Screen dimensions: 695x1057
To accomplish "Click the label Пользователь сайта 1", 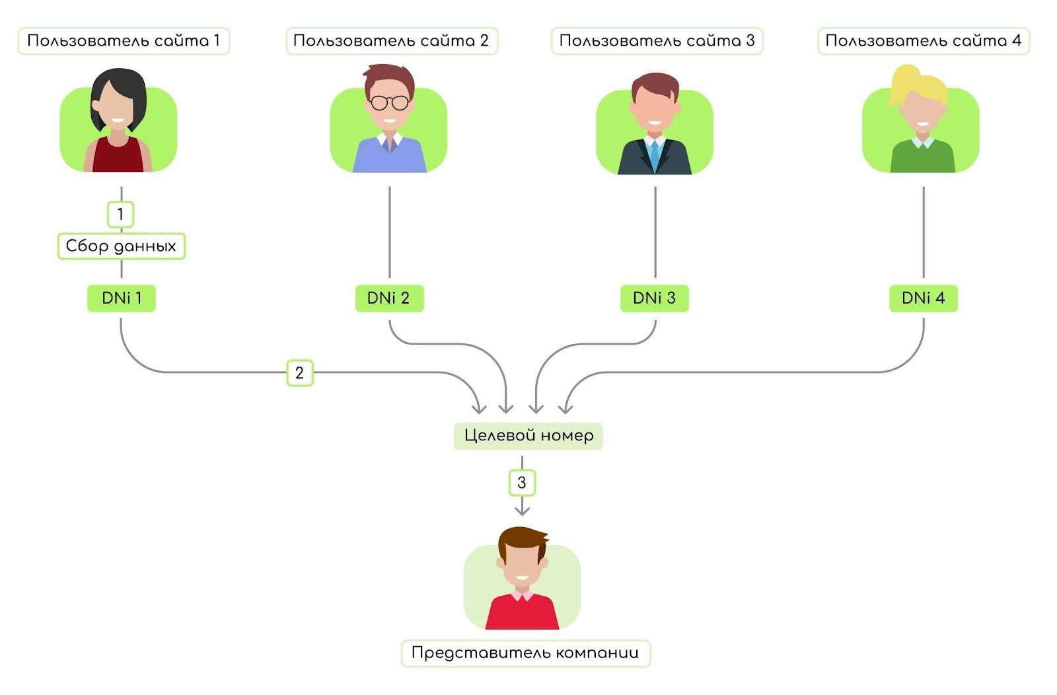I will click(x=123, y=41).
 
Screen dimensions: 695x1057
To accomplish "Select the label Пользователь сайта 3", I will click(x=657, y=41).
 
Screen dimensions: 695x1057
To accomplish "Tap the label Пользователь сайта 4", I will click(x=923, y=41).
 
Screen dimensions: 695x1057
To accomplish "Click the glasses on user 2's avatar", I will click(x=389, y=103).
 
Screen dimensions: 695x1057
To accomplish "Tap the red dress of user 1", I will click(x=118, y=157).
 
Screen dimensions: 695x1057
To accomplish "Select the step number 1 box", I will click(x=120, y=214).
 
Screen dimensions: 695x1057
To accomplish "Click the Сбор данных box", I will click(x=121, y=246).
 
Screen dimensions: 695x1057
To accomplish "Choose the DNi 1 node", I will click(x=121, y=298).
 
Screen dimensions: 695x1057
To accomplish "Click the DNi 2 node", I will click(x=388, y=298).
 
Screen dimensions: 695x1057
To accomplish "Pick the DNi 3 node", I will click(x=654, y=298).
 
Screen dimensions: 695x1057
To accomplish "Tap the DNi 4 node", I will click(x=923, y=298).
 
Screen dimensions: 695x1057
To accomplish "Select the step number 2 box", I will click(x=299, y=373).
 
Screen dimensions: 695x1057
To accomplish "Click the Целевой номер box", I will click(x=528, y=436).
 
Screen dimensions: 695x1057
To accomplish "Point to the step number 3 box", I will click(x=522, y=483).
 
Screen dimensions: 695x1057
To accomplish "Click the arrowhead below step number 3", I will click(x=522, y=510).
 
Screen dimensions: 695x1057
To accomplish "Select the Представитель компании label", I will click(x=525, y=653).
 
